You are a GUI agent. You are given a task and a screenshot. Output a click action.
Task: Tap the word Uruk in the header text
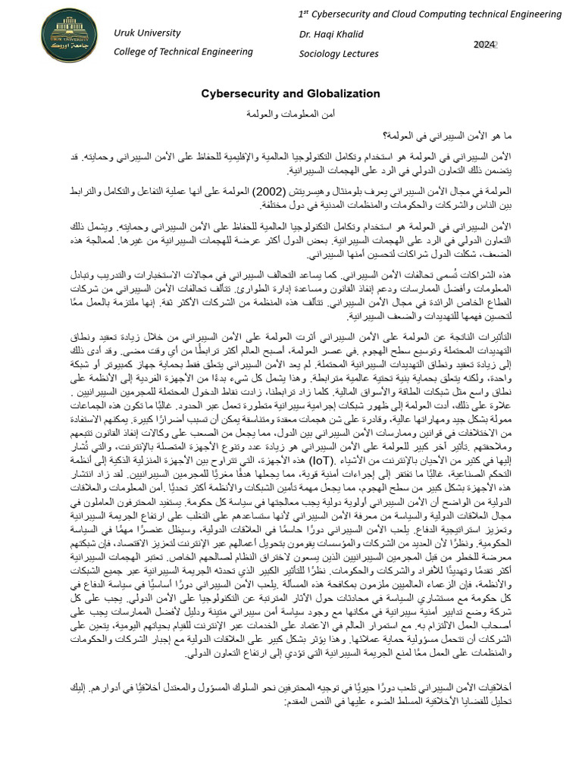[126, 33]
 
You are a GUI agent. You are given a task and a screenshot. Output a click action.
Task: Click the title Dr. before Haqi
[306, 34]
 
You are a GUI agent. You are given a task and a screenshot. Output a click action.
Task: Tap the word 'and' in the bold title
[287, 94]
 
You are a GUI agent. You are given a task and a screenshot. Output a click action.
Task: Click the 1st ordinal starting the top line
[304, 14]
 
